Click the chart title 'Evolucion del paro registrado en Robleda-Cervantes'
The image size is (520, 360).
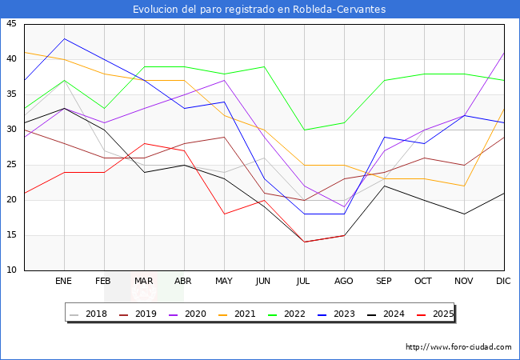[260, 10]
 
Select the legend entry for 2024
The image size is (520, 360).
[390, 314]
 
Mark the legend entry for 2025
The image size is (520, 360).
[439, 314]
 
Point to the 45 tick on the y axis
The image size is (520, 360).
[11, 24]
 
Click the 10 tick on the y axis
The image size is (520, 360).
[11, 270]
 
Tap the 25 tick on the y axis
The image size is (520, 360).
[11, 165]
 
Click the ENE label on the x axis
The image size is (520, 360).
[64, 282]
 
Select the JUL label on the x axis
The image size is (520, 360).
[304, 282]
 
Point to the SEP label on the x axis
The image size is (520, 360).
[384, 282]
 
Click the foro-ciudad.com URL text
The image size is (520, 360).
[458, 347]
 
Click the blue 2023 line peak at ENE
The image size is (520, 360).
[64, 38]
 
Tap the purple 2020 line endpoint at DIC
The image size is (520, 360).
[504, 53]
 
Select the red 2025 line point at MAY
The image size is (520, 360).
[224, 214]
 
